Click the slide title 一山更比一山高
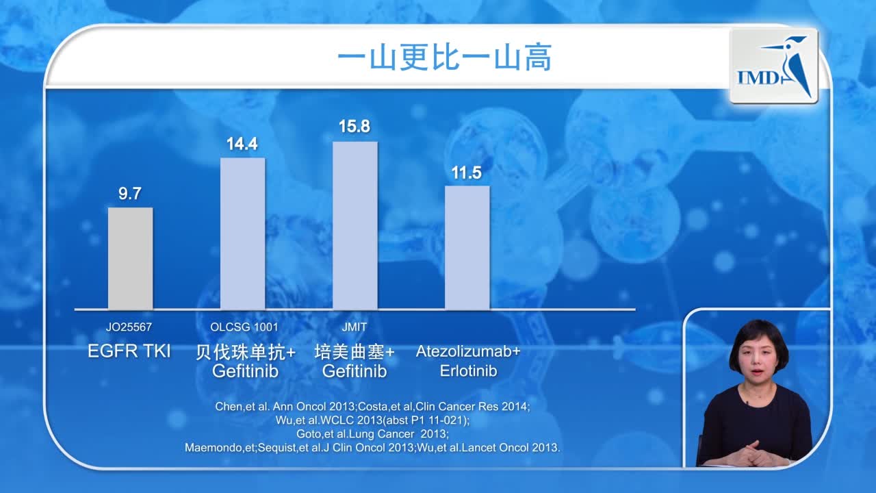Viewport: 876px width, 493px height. click(444, 59)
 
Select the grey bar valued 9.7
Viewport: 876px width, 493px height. click(130, 258)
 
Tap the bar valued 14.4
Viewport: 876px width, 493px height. click(242, 233)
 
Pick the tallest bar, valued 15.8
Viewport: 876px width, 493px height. click(355, 225)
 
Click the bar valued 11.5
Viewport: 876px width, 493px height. click(467, 247)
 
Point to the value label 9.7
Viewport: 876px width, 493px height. click(130, 194)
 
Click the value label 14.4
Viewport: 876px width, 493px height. click(242, 144)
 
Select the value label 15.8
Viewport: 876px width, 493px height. click(355, 127)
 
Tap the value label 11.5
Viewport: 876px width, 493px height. click(467, 173)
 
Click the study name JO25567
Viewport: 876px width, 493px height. click(129, 327)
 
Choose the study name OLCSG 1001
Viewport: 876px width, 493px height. click(244, 327)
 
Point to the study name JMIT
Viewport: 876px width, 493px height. click(354, 327)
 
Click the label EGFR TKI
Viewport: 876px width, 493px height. click(129, 352)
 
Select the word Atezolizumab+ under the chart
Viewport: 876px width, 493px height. click(468, 352)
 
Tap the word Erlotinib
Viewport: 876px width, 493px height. click(468, 371)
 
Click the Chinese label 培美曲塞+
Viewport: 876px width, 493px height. click(355, 352)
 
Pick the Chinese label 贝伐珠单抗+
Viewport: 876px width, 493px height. click(246, 352)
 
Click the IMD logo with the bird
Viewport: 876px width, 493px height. click(773, 66)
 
